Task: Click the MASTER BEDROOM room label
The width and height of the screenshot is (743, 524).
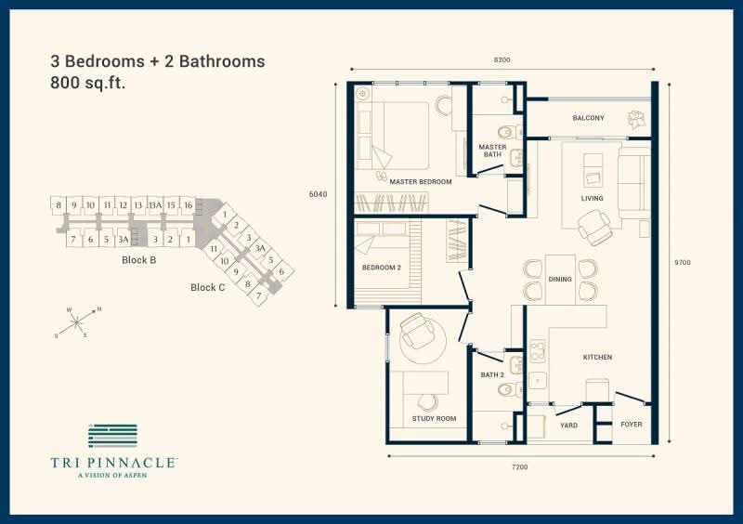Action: [421, 181]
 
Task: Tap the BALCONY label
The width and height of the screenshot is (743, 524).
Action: [588, 118]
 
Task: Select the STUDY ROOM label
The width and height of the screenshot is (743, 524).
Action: [434, 419]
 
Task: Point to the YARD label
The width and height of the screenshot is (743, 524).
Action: [568, 426]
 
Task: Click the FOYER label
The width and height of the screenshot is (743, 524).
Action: [632, 425]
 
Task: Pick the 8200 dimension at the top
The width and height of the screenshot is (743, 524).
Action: [502, 60]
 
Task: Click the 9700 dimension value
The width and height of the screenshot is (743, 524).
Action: [683, 262]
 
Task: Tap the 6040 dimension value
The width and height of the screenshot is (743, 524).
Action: [318, 194]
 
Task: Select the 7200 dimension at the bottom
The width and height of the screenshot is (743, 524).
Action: [519, 467]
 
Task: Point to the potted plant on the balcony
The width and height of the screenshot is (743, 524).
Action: [636, 119]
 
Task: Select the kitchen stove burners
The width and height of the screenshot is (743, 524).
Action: [538, 352]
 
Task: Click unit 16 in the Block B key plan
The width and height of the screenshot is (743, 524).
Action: [189, 205]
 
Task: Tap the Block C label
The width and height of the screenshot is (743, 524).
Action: [207, 287]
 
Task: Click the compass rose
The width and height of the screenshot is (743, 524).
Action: [77, 322]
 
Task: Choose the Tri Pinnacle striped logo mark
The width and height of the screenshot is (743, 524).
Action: [112, 436]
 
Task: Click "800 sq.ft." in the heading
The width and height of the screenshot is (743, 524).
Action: [87, 84]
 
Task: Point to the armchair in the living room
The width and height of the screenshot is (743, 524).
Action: [594, 226]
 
